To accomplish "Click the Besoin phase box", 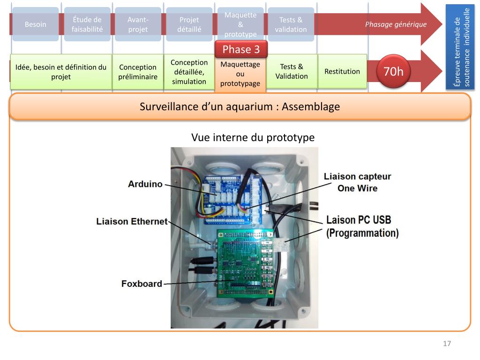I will (x=36, y=24).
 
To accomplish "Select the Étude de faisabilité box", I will (x=87, y=24).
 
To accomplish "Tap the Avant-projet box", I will (x=138, y=24).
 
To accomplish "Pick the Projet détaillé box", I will (x=189, y=24).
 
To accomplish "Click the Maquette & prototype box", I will (x=240, y=24).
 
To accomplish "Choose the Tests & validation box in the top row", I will (x=291, y=24).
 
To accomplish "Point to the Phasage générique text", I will (x=396, y=24).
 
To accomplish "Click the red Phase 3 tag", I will (x=240, y=49).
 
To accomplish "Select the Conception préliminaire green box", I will (x=137, y=72).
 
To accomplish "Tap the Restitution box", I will (x=342, y=71).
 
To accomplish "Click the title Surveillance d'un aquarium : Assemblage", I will (x=240, y=106).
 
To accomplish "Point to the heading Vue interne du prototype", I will (x=253, y=137).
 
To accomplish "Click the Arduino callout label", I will (x=145, y=184).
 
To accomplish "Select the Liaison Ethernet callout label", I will (x=131, y=221).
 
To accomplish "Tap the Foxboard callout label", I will (x=142, y=284).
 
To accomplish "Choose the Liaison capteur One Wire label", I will (x=357, y=182).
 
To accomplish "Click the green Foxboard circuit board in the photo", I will (x=244, y=267).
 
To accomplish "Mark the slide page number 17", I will (x=447, y=344).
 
